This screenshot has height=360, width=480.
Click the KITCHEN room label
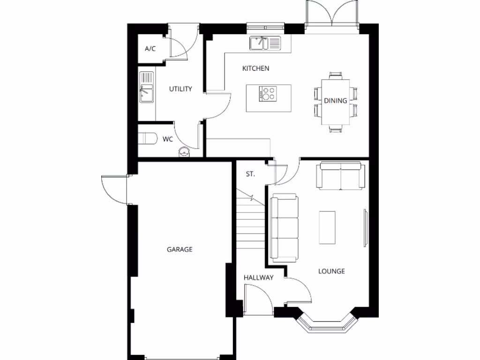255,68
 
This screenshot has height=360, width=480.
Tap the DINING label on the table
335,100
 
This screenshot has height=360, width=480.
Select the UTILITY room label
180,89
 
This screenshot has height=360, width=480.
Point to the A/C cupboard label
150,49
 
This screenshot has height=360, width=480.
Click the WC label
168,139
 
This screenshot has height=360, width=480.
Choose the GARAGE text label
180,249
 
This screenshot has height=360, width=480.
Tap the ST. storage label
250,174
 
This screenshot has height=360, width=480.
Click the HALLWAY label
258,277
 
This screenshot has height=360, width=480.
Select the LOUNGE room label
331,271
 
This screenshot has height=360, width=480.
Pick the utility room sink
146,94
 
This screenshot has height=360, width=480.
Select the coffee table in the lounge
327,227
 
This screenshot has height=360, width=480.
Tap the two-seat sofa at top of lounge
340,176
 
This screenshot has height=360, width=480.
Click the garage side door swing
114,190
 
